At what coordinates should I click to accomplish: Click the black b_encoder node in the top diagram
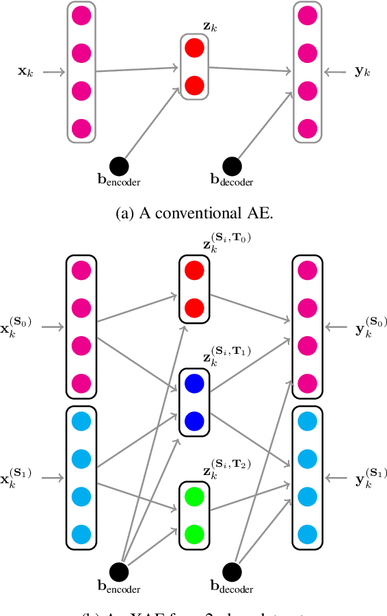(x=119, y=165)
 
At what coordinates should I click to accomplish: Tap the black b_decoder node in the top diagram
(x=232, y=165)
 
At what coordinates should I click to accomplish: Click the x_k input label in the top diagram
(x=25, y=70)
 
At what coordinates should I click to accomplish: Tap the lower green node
(x=194, y=532)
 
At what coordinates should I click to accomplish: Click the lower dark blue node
(x=194, y=419)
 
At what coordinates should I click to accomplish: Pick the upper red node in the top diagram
(x=194, y=48)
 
